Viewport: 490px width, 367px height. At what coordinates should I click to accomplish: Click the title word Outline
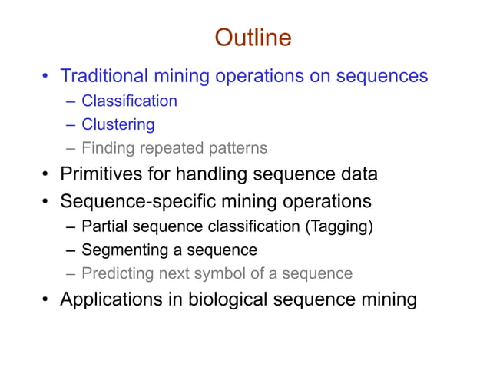tap(253, 38)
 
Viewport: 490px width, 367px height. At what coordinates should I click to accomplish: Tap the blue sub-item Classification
tap(129, 101)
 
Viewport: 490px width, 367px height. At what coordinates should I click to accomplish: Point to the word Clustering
tap(118, 124)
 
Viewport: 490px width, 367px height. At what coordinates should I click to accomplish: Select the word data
tap(356, 174)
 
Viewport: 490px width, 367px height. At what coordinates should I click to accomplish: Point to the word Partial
tap(104, 226)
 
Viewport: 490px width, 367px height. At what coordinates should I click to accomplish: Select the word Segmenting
tap(123, 250)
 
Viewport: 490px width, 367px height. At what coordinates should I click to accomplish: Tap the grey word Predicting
tap(115, 273)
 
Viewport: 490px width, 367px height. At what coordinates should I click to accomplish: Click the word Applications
tap(110, 299)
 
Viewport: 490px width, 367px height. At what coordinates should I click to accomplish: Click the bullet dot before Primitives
tap(46, 174)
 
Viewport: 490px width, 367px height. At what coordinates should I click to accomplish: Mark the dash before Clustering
tap(71, 124)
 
